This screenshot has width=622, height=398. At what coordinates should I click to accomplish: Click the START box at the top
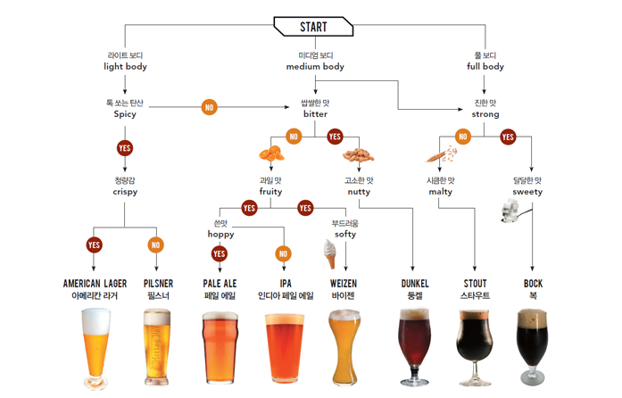[313, 27]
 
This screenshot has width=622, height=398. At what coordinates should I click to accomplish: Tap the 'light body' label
[125, 67]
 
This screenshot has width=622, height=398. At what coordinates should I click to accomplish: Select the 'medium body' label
[315, 67]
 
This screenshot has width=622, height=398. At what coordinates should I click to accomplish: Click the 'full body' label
[485, 67]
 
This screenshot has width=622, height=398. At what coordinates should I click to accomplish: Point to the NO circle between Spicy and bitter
[210, 107]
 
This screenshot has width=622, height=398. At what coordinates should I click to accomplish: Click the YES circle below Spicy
[125, 148]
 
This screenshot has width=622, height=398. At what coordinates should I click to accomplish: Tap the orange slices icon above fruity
[271, 153]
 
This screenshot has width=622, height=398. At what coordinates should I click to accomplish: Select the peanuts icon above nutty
[358, 155]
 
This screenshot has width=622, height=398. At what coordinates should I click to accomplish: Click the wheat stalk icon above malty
[442, 154]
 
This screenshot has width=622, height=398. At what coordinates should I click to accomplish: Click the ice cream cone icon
[329, 254]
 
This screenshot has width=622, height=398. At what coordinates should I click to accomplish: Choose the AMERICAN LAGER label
[95, 284]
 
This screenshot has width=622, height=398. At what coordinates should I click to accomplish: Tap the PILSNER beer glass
[157, 347]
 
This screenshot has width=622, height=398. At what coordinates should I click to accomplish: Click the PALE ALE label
[220, 284]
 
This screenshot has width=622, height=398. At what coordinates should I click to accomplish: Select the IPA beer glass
[285, 348]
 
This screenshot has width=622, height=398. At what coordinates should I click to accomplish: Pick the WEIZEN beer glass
[344, 347]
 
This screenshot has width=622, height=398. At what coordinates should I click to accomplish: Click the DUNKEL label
[415, 284]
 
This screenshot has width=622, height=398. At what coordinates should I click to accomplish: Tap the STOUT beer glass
[475, 348]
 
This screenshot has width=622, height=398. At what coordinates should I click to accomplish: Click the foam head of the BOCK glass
[533, 319]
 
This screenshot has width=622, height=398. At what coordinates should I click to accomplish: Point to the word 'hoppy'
[221, 234]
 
